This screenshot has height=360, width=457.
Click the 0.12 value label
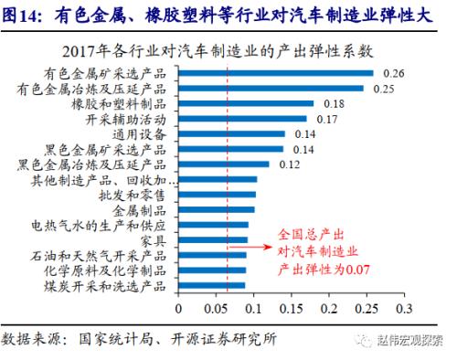[290, 164]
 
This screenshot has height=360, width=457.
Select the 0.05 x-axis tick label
[215, 308]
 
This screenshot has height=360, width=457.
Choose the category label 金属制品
[137, 209]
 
